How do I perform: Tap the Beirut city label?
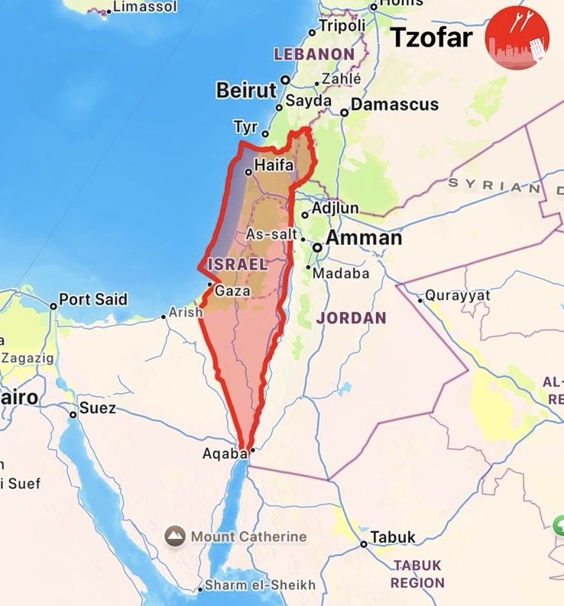pyautogui.click(x=246, y=90)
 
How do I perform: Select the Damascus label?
pyautogui.click(x=394, y=105)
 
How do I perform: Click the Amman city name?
pyautogui.click(x=364, y=238)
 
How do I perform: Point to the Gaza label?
pyautogui.click(x=233, y=291)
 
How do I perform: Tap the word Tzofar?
pyautogui.click(x=433, y=37)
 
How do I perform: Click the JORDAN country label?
pyautogui.click(x=352, y=318)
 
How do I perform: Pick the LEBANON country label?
pyautogui.click(x=314, y=54)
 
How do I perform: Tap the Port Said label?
pyautogui.click(x=93, y=299)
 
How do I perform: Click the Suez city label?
pyautogui.click(x=98, y=408)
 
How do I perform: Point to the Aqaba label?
pyautogui.click(x=225, y=453)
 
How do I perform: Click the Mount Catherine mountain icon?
pyautogui.click(x=175, y=536)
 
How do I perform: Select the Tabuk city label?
pyautogui.click(x=393, y=537)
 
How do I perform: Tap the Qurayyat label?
pyautogui.click(x=458, y=295)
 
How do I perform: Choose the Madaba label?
pyautogui.click(x=341, y=273)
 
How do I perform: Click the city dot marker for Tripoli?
pyautogui.click(x=312, y=32)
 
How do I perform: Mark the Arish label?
pyautogui.click(x=186, y=312)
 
